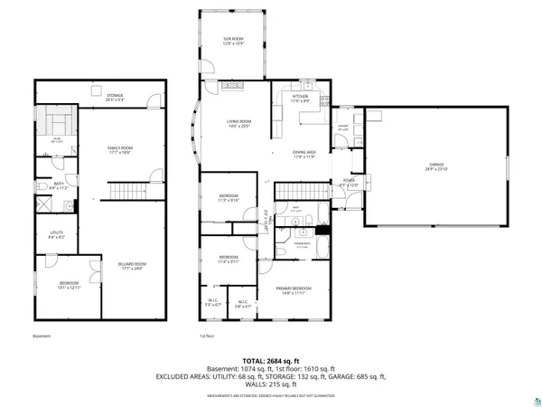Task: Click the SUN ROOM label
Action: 234,42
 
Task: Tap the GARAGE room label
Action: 437,166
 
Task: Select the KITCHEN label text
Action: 300,98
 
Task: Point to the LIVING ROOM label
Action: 238,123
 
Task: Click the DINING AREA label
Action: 304,155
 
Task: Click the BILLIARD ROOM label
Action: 132,265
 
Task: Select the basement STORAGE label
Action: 114,97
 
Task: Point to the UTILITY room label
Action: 56,234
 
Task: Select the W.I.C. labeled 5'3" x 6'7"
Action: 213,305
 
